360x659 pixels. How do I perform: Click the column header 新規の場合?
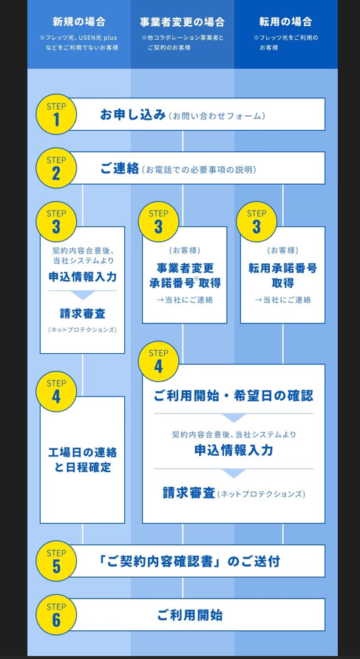(79, 21)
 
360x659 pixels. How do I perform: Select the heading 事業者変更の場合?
(182, 21)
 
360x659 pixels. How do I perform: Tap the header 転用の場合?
(285, 21)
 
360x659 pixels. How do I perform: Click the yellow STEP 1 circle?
(56, 115)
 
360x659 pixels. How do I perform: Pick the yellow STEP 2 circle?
(56, 168)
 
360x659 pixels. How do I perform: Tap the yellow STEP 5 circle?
(56, 561)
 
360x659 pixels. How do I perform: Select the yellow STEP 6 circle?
(56, 615)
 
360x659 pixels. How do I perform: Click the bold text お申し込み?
(133, 115)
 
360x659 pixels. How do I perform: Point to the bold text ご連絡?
(120, 168)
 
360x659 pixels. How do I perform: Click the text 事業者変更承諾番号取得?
(185, 276)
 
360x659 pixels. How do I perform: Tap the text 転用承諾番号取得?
(282, 276)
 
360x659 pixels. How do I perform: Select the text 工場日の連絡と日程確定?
(83, 460)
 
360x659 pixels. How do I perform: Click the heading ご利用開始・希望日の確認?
(234, 396)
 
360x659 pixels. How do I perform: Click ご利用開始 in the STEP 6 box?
(190, 615)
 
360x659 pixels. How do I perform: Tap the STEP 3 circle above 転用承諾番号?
(257, 222)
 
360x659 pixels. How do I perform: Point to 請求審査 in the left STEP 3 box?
(82, 313)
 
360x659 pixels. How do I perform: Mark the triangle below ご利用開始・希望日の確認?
(234, 417)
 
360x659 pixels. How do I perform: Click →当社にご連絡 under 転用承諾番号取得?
(282, 300)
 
